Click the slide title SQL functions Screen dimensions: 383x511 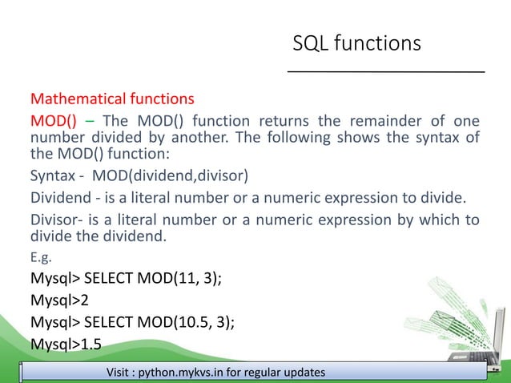[356, 43]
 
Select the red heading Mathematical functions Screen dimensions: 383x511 [112, 100]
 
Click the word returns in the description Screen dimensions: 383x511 [269, 121]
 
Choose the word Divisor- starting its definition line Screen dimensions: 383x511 [56, 220]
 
